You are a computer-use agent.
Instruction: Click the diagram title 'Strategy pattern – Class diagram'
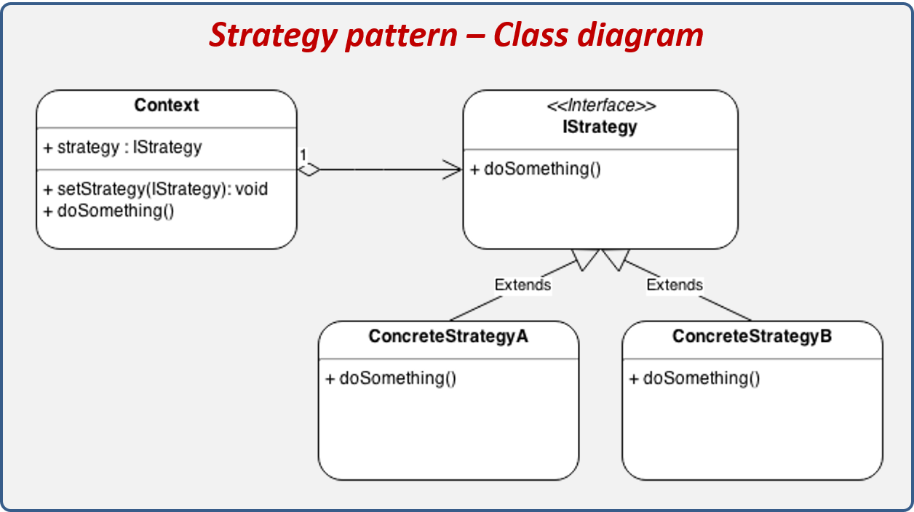(x=456, y=35)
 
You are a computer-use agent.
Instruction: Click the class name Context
(x=166, y=105)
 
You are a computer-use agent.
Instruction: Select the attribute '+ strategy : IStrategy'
(x=122, y=147)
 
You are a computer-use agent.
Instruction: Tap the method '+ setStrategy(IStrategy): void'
(x=156, y=189)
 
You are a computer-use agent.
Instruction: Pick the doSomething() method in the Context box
(x=109, y=210)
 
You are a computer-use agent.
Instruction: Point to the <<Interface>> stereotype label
(x=600, y=106)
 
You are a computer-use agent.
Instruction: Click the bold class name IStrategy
(x=600, y=127)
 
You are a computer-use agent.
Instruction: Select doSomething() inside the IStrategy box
(x=536, y=169)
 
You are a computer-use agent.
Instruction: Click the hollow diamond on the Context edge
(x=309, y=170)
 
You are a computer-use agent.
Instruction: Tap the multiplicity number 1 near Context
(x=303, y=155)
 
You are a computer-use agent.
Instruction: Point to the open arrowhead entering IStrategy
(x=453, y=170)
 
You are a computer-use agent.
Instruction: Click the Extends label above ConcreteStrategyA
(x=522, y=284)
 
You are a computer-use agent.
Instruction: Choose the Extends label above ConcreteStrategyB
(x=675, y=284)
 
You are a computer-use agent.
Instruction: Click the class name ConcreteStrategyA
(x=448, y=337)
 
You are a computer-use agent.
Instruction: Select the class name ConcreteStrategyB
(x=752, y=337)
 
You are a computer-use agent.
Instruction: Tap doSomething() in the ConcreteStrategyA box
(x=391, y=378)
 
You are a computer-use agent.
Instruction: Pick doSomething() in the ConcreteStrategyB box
(x=694, y=378)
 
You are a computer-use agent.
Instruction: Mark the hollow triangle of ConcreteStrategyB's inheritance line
(x=616, y=258)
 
